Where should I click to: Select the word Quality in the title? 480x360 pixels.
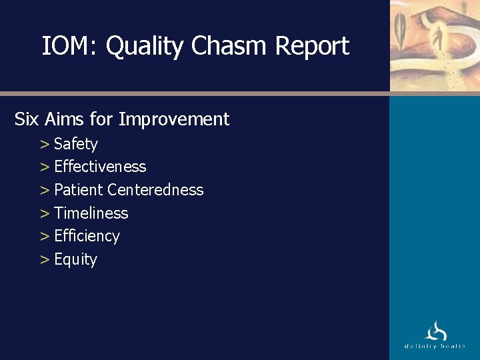pyautogui.click(x=145, y=47)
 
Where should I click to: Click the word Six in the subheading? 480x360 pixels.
pyautogui.click(x=27, y=119)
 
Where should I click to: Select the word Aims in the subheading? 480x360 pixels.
pyautogui.click(x=65, y=119)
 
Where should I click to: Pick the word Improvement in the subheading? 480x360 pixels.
pyautogui.click(x=173, y=120)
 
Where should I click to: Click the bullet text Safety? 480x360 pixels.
pyautogui.click(x=75, y=144)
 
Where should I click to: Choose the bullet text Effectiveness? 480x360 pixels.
pyautogui.click(x=100, y=167)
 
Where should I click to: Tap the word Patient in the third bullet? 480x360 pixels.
pyautogui.click(x=79, y=190)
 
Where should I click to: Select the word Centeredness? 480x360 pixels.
pyautogui.click(x=155, y=190)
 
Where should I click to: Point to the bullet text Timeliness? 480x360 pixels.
pyautogui.click(x=91, y=213)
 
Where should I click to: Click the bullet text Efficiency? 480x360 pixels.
pyautogui.click(x=87, y=236)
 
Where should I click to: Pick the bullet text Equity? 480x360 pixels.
pyautogui.click(x=75, y=260)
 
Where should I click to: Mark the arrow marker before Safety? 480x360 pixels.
pyautogui.click(x=45, y=144)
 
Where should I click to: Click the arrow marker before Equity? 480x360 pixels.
pyautogui.click(x=45, y=259)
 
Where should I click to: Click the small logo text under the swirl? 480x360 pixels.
pyautogui.click(x=435, y=346)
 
